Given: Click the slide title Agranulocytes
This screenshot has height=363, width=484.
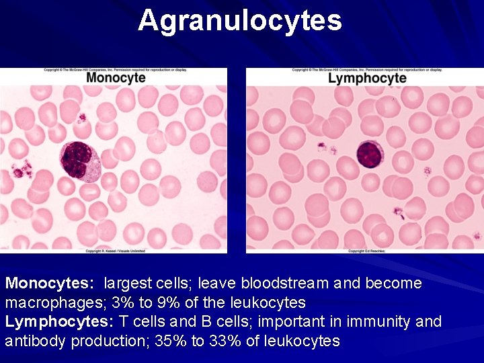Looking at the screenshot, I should tap(240, 21).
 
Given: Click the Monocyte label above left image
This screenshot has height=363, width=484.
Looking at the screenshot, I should tap(116, 78).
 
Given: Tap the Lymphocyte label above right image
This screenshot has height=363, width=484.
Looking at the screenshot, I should tap(367, 78).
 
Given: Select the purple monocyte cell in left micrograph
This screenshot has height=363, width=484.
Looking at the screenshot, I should tap(79, 161).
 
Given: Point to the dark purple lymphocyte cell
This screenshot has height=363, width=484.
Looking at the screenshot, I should tap(368, 155).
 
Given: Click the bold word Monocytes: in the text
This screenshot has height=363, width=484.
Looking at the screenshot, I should tap(48, 284).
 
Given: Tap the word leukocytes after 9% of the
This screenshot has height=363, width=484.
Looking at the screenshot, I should tap(266, 302).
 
